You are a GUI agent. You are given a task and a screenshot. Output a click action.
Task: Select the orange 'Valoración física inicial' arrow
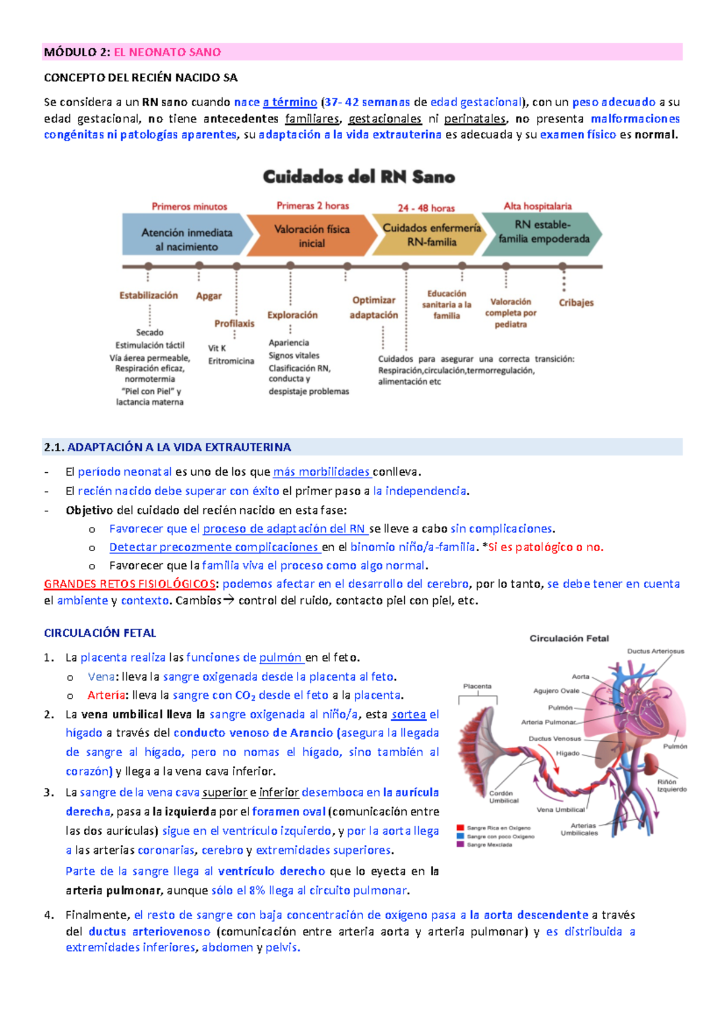(311, 236)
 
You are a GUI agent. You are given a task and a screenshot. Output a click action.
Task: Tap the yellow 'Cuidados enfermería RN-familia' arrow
(431, 235)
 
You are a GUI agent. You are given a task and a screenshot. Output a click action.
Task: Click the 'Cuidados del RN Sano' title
(359, 177)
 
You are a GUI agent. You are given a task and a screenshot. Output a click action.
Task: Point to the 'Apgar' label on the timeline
(209, 296)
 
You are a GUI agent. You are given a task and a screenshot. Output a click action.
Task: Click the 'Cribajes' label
(576, 303)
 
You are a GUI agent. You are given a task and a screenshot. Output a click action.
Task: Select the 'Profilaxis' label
(234, 324)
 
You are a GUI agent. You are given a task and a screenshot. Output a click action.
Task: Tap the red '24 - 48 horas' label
(426, 208)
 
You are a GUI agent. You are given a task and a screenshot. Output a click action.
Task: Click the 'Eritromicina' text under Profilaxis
(231, 361)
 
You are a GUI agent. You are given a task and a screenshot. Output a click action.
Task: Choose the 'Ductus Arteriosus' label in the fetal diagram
(656, 651)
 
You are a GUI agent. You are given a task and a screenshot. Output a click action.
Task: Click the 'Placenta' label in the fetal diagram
(477, 686)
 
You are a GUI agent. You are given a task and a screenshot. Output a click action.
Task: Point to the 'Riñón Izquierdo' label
(672, 785)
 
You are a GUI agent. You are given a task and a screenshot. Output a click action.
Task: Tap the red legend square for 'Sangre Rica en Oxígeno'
(460, 828)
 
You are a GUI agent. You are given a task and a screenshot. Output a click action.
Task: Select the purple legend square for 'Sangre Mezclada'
(460, 845)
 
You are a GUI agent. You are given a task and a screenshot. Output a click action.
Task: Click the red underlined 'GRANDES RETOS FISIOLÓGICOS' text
(130, 584)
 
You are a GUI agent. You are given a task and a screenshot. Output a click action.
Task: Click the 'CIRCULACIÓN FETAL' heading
(100, 633)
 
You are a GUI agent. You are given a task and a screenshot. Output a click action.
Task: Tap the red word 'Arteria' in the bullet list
(106, 695)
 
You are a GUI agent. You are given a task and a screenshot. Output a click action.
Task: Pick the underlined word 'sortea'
(408, 715)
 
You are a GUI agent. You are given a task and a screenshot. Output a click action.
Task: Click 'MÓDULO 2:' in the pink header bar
(77, 52)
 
